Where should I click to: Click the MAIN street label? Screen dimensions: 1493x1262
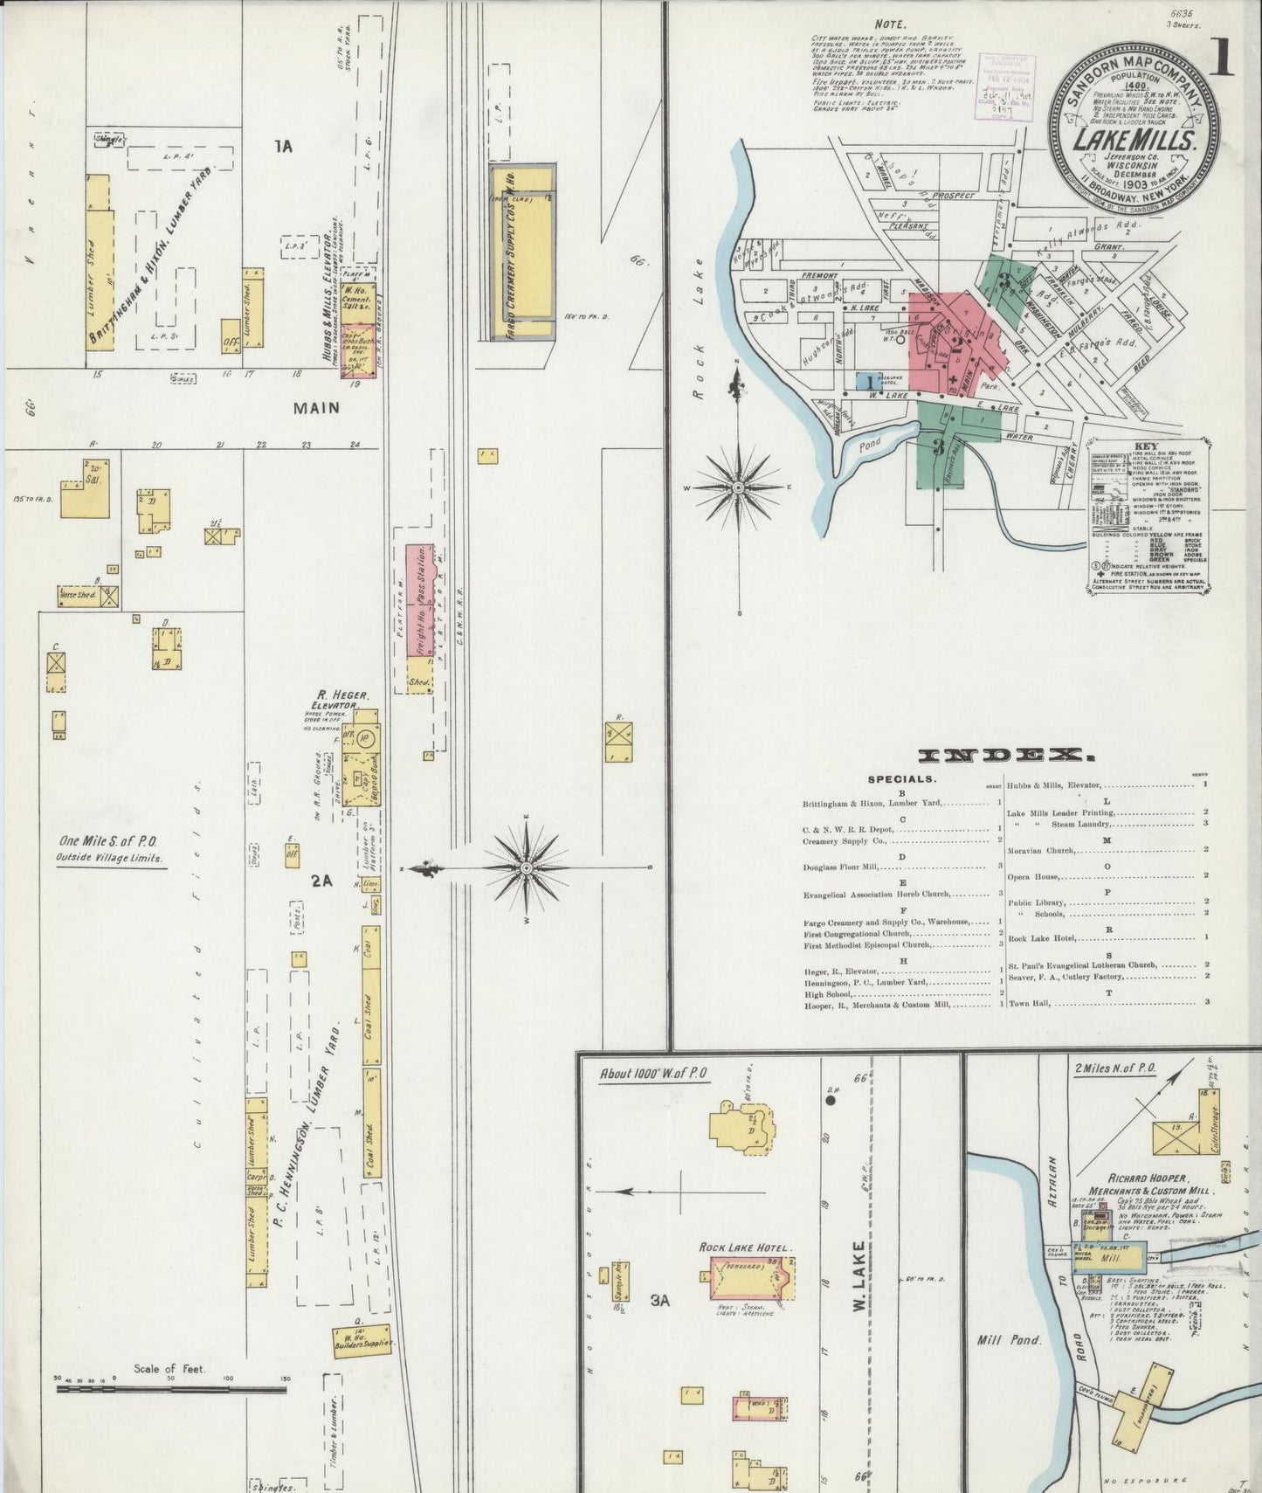tap(316, 408)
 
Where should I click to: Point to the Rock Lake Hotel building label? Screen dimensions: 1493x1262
tap(745, 1247)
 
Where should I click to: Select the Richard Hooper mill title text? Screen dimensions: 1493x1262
tap(1145, 1184)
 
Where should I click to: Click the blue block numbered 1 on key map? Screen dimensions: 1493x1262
tap(869, 381)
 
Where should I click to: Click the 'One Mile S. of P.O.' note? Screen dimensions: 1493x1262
tap(108, 841)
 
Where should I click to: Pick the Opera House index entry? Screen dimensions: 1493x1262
tap(1036, 876)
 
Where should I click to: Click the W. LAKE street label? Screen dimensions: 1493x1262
tap(859, 1275)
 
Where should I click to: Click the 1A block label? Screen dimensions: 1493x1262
tap(282, 148)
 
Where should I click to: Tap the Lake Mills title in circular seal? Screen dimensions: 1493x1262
tap(1134, 140)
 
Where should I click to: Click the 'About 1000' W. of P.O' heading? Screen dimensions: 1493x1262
tap(653, 1074)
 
